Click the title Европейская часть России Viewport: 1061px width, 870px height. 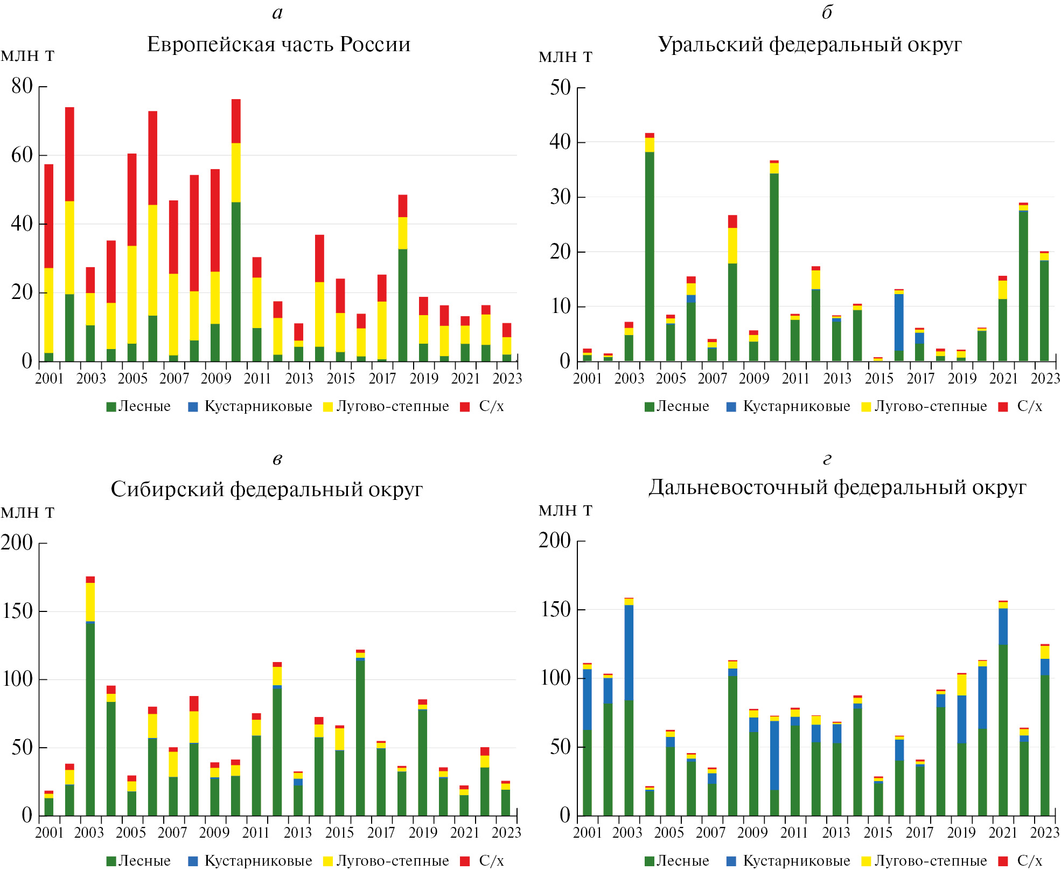pos(278,44)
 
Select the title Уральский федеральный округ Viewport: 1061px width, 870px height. pos(809,44)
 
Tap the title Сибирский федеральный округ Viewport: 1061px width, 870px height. pos(267,489)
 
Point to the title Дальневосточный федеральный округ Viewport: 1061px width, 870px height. pos(837,487)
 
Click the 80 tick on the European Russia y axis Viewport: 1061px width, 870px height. pos(22,86)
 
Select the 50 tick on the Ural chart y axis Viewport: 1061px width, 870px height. pos(560,87)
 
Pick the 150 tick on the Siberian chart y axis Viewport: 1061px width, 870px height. pos(17,611)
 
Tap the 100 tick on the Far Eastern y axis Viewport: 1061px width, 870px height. pos(556,678)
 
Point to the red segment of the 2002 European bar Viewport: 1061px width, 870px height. pos(69,154)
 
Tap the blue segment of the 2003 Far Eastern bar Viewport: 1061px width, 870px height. pos(629,652)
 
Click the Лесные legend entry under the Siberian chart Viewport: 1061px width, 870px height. pos(139,861)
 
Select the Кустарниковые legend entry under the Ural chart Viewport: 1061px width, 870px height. pos(788,406)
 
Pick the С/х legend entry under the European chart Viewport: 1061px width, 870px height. pos(483,406)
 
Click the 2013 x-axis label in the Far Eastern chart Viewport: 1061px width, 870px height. pos(836,832)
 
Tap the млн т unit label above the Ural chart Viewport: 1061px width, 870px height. pos(566,56)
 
